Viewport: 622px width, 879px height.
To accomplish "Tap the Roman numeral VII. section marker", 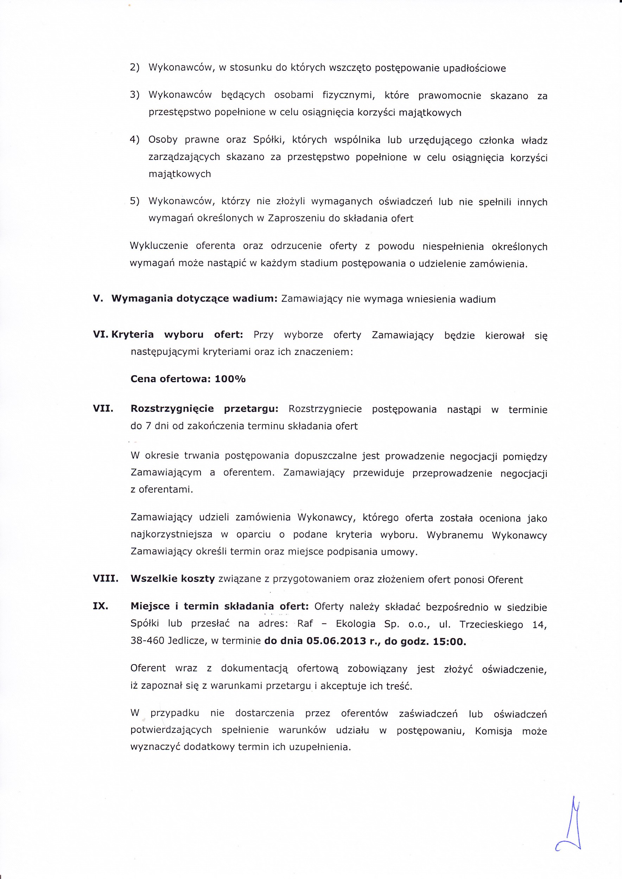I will point(103,409).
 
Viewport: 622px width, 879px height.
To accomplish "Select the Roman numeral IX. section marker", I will point(100,606).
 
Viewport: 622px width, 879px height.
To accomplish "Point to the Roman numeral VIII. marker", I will point(105,578).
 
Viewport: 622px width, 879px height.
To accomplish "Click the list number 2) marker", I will point(134,68).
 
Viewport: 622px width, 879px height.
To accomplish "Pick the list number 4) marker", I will point(134,139).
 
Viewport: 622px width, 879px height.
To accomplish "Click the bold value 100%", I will point(230,379).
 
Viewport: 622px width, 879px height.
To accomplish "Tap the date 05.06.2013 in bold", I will point(337,641).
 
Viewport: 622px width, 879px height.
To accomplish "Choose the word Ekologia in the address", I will point(355,624).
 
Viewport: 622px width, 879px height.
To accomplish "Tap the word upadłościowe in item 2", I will point(474,69).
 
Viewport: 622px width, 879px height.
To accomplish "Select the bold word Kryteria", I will point(133,334).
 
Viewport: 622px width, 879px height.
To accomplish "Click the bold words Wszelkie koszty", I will point(172,578).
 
